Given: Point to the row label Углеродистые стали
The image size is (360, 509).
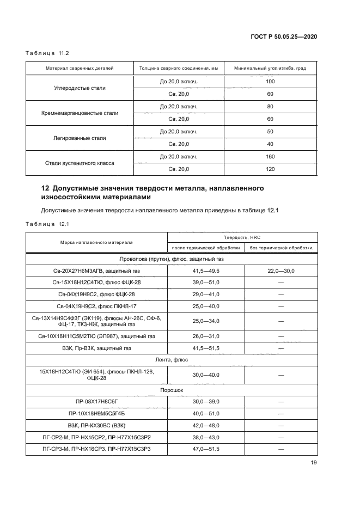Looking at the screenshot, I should point(80,88).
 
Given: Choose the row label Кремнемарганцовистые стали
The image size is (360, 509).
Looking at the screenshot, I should point(80,113).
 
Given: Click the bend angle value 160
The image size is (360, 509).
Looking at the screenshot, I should point(270,157).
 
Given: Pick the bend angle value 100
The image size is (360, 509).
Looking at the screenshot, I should point(270,82).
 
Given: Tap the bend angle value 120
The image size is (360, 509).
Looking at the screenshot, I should point(270,169).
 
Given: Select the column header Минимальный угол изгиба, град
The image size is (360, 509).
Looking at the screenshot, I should point(270,69).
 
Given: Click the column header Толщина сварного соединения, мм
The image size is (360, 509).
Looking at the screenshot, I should point(179,69).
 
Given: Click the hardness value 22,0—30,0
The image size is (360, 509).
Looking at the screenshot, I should point(281,271).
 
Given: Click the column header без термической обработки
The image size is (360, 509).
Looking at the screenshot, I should point(281,248).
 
